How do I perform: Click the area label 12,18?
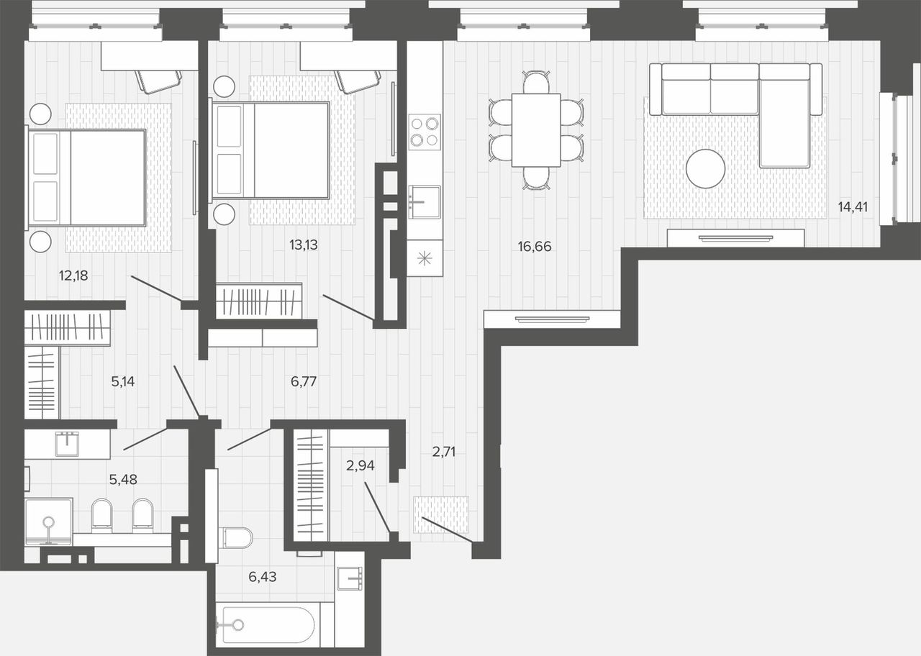73,275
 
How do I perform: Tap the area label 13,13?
304,245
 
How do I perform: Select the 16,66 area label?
535,247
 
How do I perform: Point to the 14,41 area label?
853,207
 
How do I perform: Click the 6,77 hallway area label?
304,382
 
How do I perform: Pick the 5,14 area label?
123,382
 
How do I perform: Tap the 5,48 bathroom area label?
123,479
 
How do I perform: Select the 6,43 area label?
263,577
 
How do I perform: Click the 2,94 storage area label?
360,465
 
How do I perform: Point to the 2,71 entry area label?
444,452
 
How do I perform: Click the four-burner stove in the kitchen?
425,132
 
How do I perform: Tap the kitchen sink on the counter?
425,202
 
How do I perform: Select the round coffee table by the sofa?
705,169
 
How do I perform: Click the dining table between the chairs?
536,130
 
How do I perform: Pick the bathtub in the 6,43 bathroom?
266,626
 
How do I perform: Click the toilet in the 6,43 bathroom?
237,537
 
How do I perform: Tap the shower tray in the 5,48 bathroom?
49,521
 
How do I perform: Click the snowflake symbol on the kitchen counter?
425,258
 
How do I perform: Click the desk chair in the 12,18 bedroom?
159,81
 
